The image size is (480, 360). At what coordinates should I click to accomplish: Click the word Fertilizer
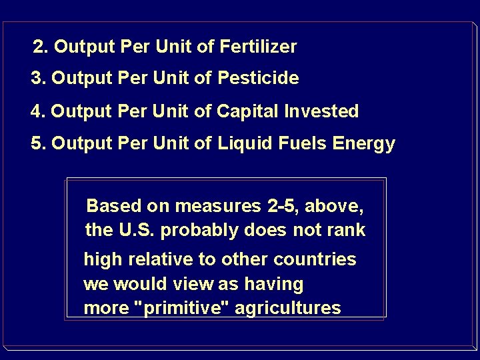click(257, 47)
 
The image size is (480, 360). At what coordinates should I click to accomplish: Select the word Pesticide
click(258, 79)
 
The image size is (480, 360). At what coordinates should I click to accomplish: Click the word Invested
click(323, 111)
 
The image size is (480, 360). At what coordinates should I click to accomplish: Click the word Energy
click(369, 144)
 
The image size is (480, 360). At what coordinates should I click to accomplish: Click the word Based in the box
click(111, 205)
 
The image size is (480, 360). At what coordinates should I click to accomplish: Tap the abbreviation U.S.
click(135, 230)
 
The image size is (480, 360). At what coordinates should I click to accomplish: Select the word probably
click(192, 231)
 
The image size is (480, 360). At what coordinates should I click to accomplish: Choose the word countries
click(316, 259)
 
